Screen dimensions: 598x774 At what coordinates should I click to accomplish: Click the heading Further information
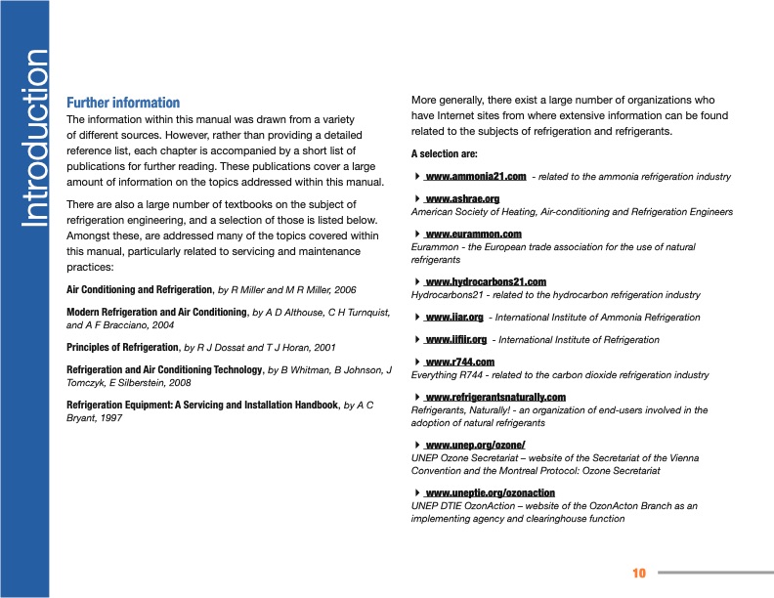122,103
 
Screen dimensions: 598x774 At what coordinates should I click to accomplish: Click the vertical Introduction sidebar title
34,138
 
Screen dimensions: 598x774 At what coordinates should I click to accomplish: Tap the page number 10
639,573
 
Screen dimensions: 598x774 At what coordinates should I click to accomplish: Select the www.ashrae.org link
462,199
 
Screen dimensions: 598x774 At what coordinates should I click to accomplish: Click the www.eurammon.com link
473,235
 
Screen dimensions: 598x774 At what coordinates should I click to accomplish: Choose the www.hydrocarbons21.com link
485,282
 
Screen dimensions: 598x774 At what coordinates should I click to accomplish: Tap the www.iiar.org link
454,318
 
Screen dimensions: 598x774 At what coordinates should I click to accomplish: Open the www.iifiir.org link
455,340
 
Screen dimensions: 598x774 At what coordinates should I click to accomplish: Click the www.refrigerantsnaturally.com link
495,398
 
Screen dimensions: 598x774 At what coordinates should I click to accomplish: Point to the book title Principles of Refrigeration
123,347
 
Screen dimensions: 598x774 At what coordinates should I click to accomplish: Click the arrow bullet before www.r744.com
417,363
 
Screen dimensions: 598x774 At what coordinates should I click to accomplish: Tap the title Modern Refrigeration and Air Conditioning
156,312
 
